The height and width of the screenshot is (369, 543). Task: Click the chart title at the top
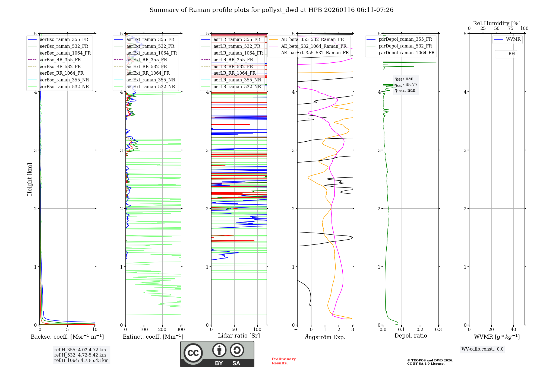click(271, 10)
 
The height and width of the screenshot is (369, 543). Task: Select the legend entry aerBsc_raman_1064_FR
click(65, 53)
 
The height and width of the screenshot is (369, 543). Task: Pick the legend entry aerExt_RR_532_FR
click(147, 66)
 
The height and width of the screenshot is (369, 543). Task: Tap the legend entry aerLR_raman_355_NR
click(237, 80)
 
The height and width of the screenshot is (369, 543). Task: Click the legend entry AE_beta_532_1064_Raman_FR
click(314, 46)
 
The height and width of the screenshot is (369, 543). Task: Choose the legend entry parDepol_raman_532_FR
click(405, 46)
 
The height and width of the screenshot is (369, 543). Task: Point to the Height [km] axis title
click(30, 179)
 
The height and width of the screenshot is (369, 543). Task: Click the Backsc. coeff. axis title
click(67, 337)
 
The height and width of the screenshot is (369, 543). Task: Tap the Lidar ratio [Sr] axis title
click(239, 336)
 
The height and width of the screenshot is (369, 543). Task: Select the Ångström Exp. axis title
click(325, 337)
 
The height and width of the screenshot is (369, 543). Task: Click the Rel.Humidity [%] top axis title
click(497, 23)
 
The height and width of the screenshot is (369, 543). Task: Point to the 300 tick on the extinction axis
click(181, 330)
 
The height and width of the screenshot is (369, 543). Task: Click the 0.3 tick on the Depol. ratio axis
click(438, 330)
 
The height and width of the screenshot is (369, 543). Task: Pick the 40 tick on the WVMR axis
click(513, 330)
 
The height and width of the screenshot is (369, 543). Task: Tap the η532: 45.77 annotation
click(406, 85)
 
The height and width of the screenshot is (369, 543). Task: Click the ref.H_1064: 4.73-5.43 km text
click(81, 361)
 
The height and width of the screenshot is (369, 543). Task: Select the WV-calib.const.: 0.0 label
click(482, 349)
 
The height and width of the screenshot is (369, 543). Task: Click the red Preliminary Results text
click(283, 361)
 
